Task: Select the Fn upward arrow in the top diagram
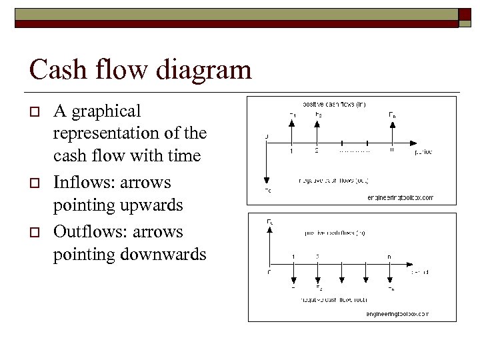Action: tap(392, 131)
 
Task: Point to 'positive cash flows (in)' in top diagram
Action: tap(333, 104)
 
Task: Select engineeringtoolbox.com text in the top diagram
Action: tap(400, 197)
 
